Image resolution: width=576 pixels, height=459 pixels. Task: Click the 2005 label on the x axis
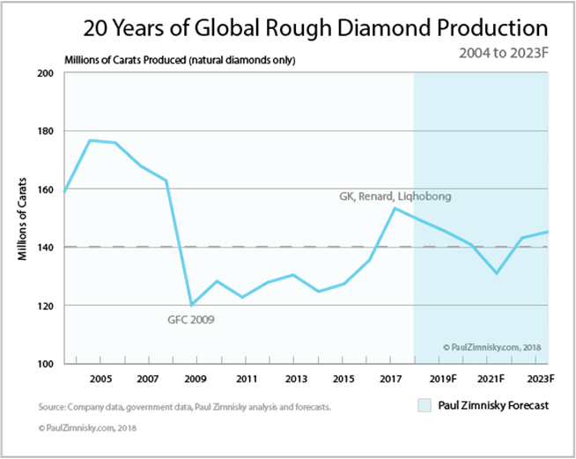point(100,379)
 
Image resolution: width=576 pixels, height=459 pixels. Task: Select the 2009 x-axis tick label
point(197,379)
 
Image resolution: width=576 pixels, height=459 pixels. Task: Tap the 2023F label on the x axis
point(536,379)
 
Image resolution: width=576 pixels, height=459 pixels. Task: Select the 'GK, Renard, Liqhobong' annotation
point(395,196)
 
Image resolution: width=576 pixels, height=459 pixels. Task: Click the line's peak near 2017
point(395,208)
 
